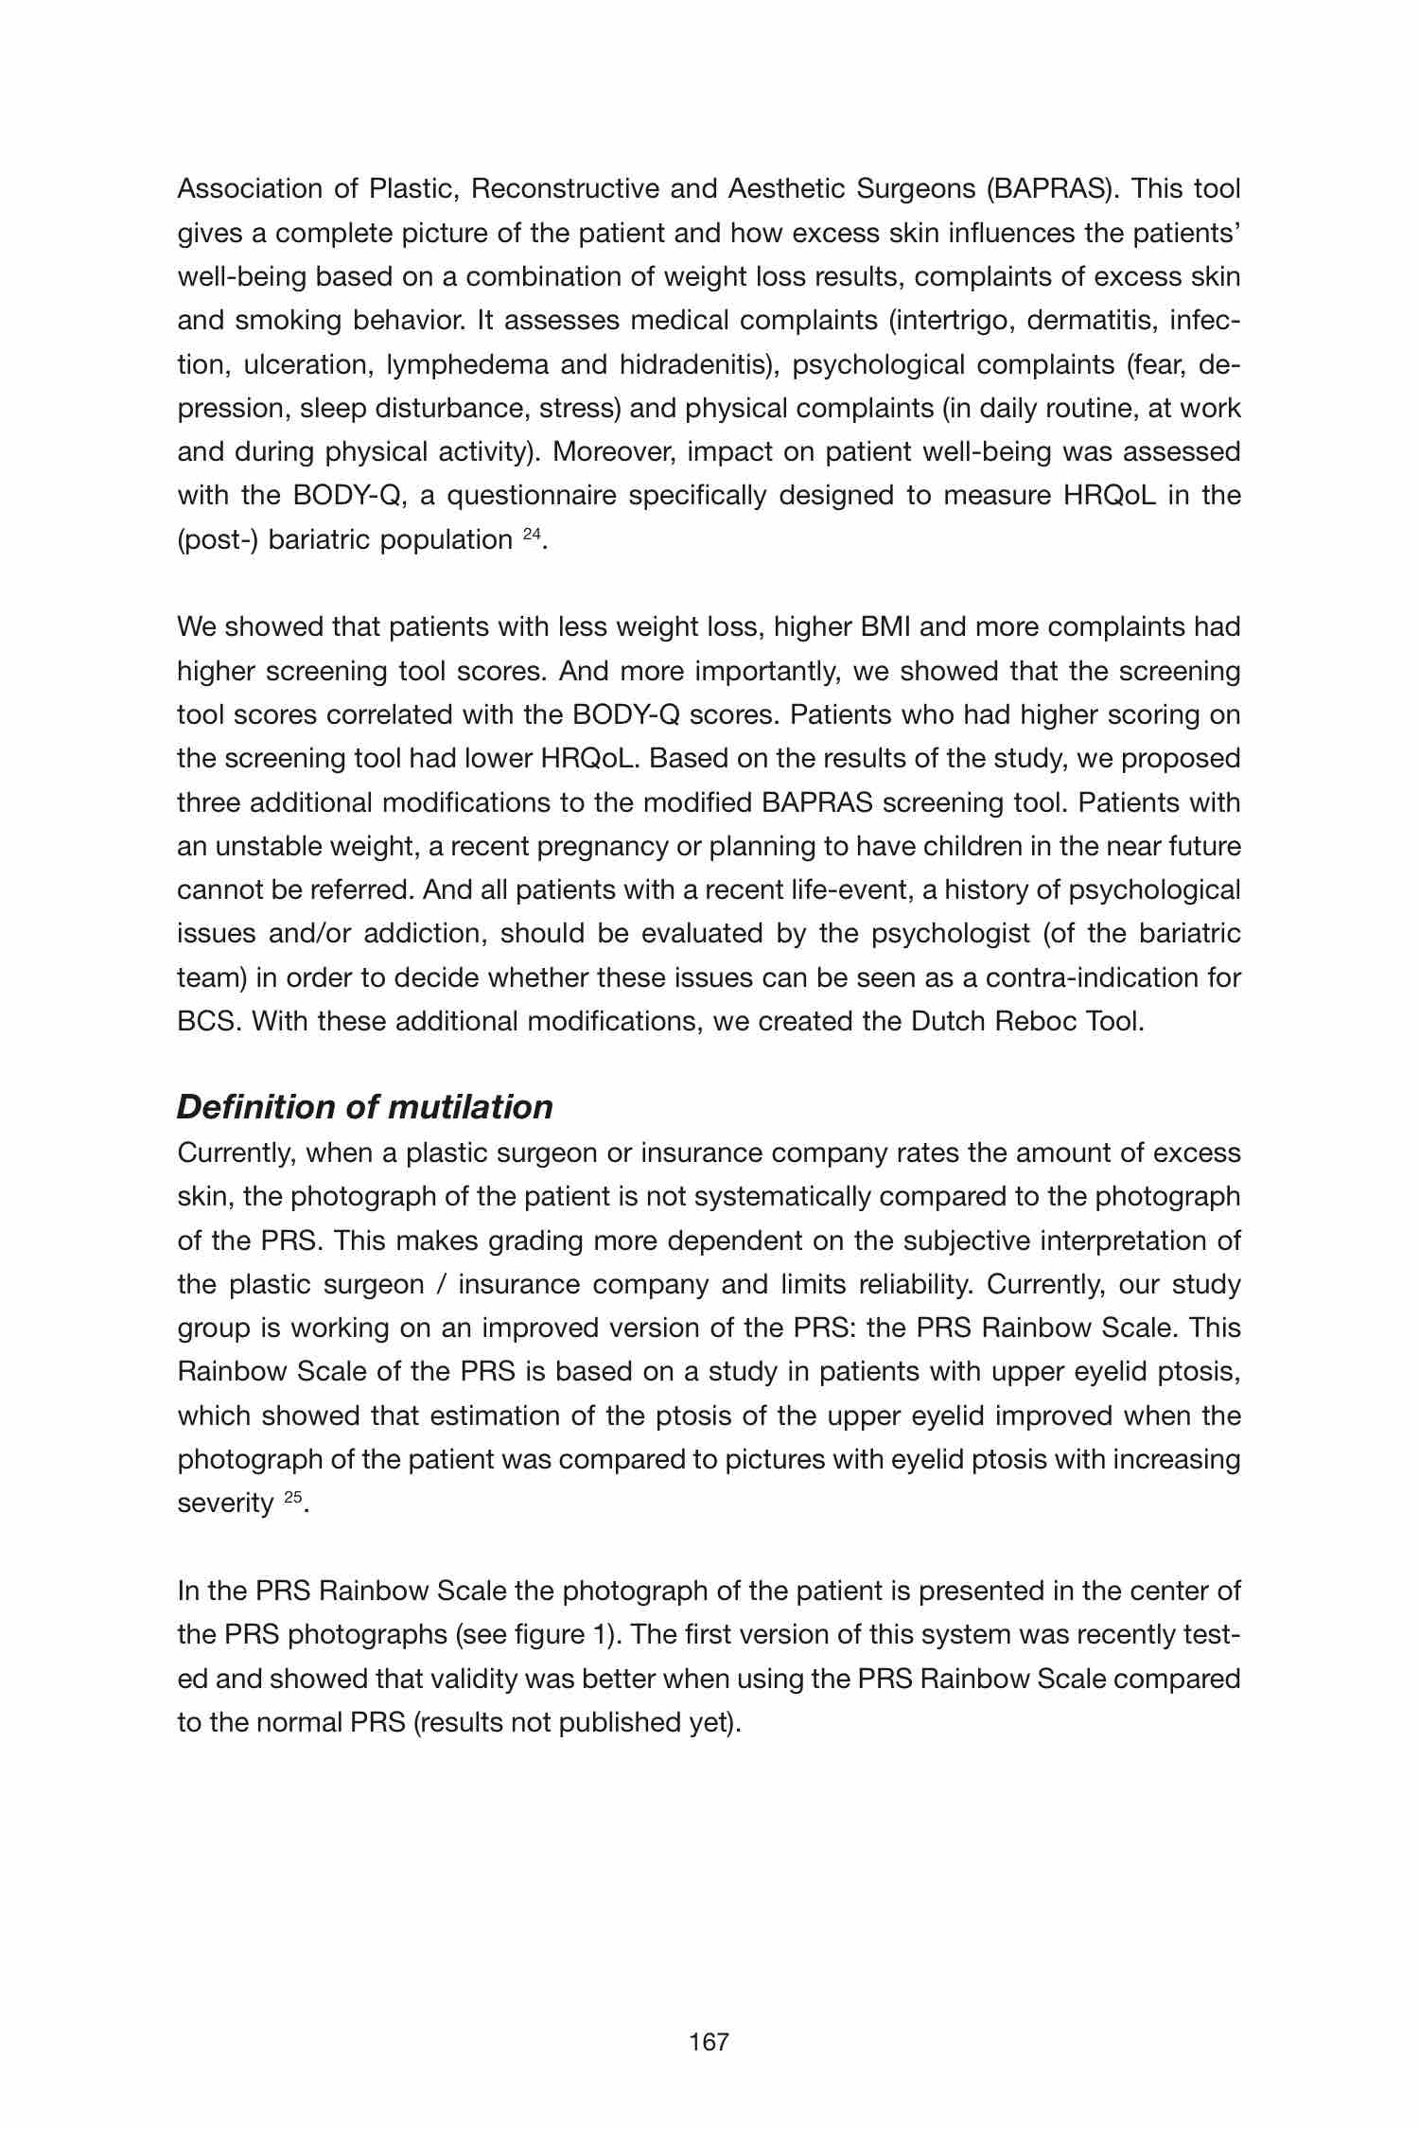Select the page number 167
709,2042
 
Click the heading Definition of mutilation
364,1107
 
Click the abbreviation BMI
885,626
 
